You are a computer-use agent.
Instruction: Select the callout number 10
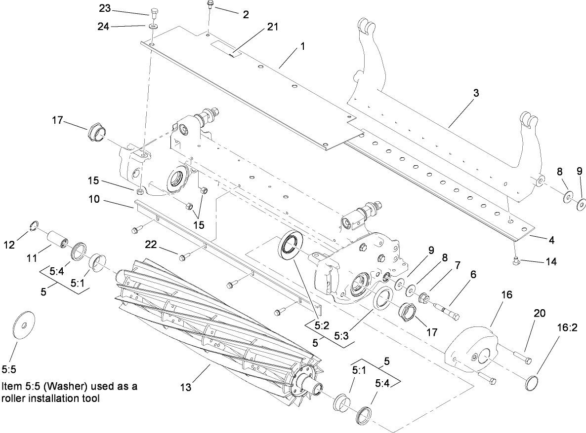point(94,199)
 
